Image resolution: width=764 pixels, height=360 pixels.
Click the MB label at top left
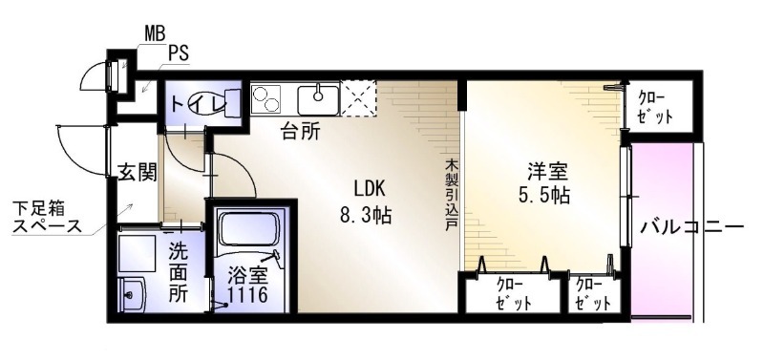[155, 33]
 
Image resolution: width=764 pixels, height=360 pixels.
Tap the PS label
[179, 53]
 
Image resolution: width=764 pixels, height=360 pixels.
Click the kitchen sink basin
[318, 100]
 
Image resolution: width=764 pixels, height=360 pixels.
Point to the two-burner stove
[267, 99]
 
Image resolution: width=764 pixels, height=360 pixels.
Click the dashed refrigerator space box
[358, 99]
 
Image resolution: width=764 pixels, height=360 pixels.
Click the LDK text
[370, 187]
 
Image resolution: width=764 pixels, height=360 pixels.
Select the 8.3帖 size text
[366, 214]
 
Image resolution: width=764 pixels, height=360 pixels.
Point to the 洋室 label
[547, 172]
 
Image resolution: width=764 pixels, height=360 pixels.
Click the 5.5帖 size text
[544, 196]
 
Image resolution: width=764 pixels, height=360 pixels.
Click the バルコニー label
[692, 227]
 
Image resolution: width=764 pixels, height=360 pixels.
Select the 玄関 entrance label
[138, 172]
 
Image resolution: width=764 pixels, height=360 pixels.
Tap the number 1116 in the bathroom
[249, 294]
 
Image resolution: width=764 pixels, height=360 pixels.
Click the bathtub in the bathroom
[249, 228]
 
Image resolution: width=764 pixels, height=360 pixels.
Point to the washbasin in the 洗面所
[131, 293]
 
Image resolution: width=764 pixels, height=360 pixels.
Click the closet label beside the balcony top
[656, 108]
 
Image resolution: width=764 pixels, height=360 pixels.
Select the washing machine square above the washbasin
[137, 253]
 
